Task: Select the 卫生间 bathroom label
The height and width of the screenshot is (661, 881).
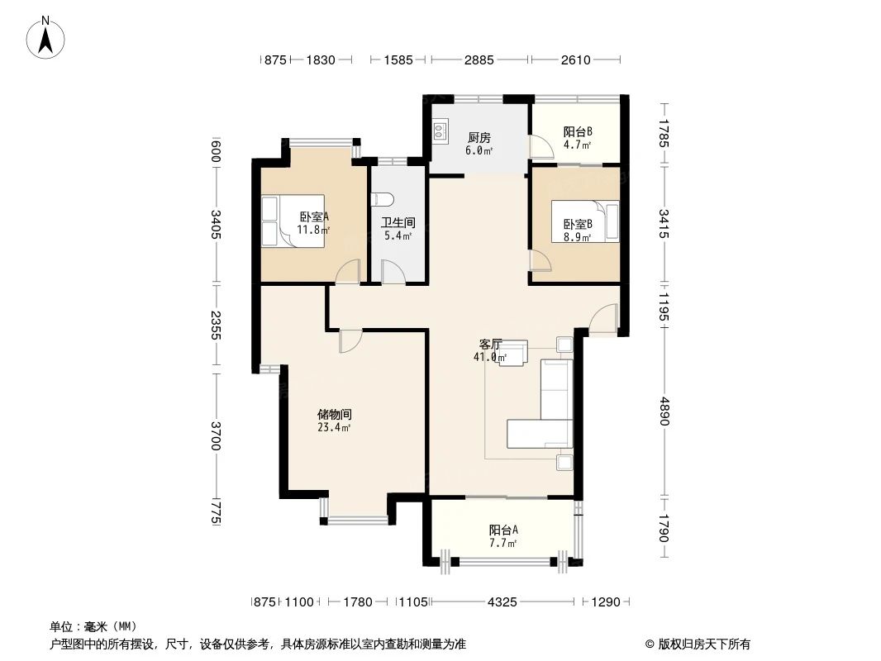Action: coord(398,222)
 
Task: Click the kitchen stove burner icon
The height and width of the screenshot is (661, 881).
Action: coord(439,131)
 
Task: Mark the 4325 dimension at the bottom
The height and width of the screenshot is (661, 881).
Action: coord(502,602)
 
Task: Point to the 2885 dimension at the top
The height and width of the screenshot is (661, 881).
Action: coord(479,59)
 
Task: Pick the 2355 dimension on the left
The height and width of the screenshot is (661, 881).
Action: coord(216,325)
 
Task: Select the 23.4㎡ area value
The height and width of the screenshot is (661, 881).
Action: coord(334,427)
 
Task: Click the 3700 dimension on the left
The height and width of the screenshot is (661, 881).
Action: coord(216,435)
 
